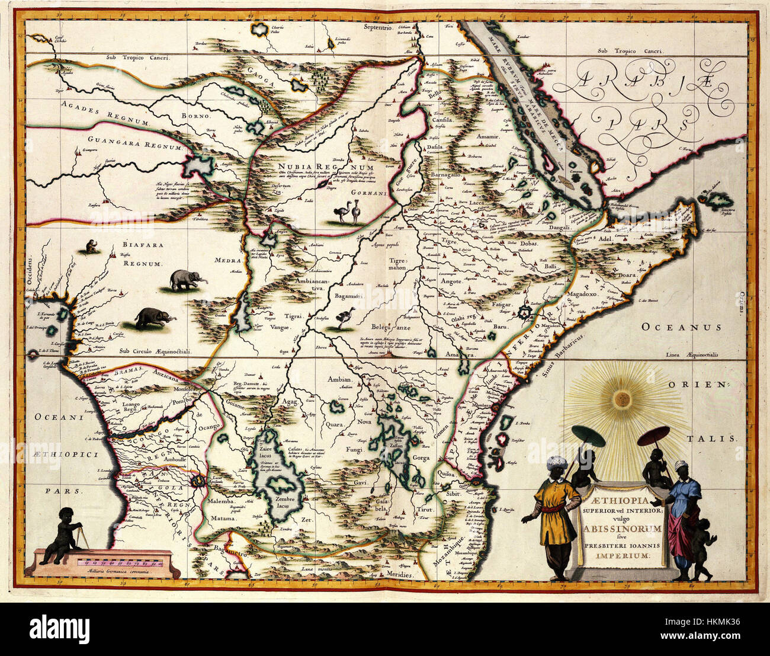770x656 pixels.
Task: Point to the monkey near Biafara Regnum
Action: [x=91, y=247]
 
